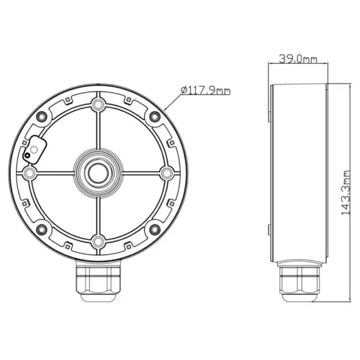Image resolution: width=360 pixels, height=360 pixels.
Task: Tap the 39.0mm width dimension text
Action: [x=298, y=60]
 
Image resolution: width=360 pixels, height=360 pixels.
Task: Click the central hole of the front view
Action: [x=98, y=172]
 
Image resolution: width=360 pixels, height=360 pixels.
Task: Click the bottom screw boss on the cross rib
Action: [x=98, y=242]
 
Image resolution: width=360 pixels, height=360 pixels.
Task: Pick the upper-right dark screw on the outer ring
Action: [x=154, y=116]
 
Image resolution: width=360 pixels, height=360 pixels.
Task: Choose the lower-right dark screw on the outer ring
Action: [x=154, y=230]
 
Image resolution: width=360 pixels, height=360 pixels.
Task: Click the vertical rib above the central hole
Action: [x=98, y=132]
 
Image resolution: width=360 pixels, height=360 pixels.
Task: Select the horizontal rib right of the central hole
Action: [x=138, y=172]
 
